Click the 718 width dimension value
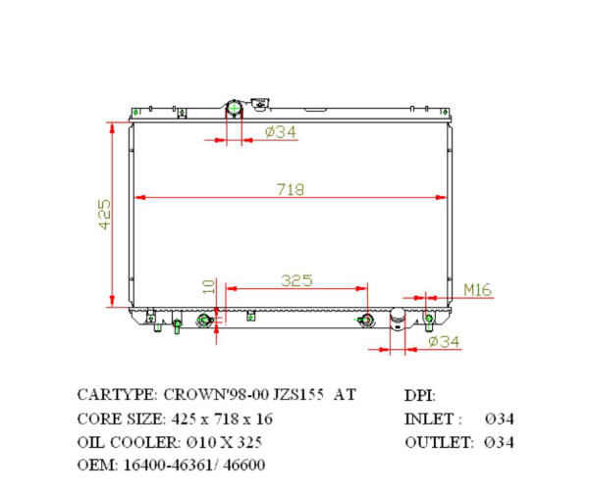pyautogui.click(x=291, y=187)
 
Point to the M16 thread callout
pyautogui.click(x=477, y=289)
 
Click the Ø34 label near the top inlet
pyautogui.click(x=281, y=132)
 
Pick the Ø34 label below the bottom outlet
pyautogui.click(x=444, y=341)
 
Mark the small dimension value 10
pyautogui.click(x=207, y=286)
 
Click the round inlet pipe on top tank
pyautogui.click(x=235, y=109)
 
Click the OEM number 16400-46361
pyautogui.click(x=161, y=465)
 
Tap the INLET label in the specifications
pyautogui.click(x=432, y=419)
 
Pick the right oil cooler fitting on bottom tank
pyautogui.click(x=367, y=320)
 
